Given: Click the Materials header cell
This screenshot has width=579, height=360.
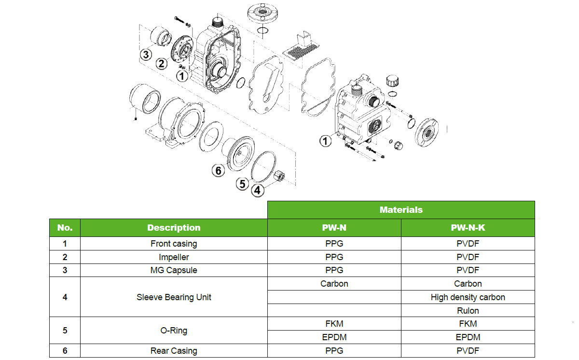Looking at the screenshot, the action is [401, 210].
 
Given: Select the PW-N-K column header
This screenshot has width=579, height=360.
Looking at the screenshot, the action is [468, 228].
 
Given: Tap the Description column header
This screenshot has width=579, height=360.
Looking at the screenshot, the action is [174, 228].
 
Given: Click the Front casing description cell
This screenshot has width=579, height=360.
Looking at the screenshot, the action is [174, 243].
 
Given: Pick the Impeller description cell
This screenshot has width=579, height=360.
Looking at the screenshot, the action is [174, 257].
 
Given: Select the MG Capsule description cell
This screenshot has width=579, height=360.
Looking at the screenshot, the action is [174, 270].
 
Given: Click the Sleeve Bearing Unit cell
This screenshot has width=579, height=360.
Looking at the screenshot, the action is [174, 297].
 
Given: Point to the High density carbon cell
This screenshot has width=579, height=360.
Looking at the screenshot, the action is [468, 297].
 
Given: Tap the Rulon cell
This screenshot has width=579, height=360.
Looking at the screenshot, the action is [468, 310].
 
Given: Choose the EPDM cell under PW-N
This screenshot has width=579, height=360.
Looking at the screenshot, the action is [334, 337].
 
